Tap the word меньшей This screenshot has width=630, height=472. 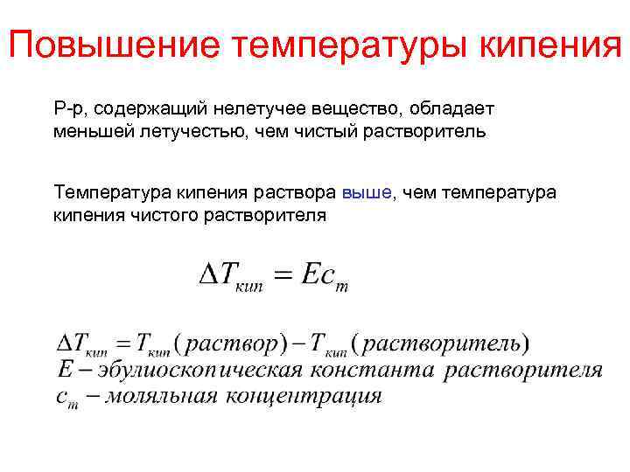click(x=87, y=133)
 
